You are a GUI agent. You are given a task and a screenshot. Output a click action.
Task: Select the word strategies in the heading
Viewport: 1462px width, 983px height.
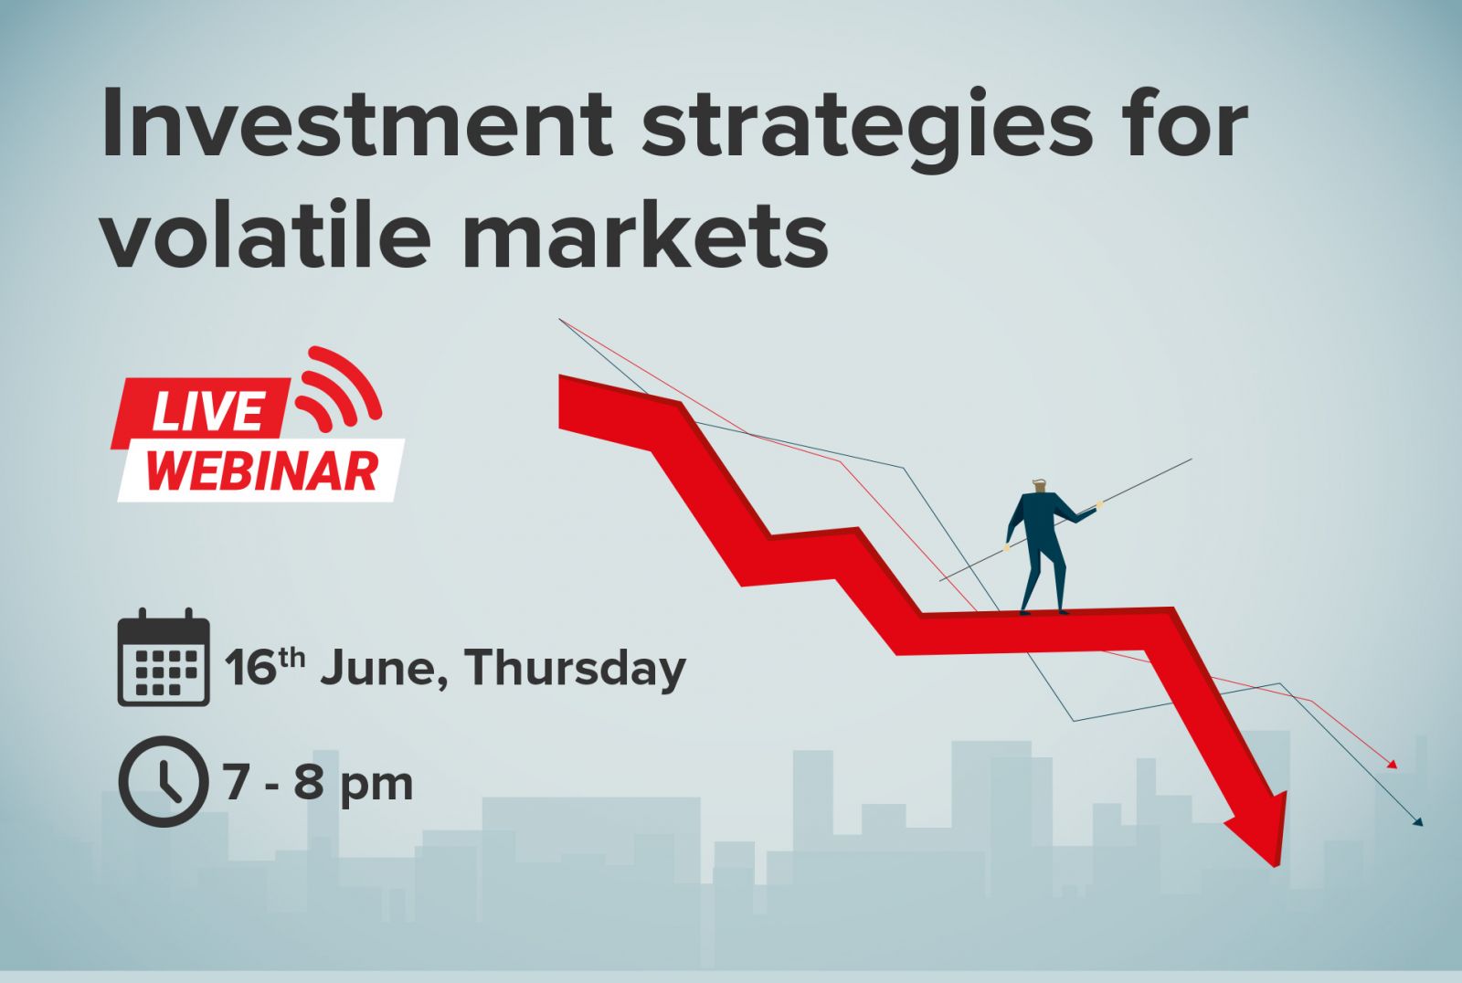(867, 129)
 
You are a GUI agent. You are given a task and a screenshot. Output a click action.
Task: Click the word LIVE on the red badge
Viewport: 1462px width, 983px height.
(208, 413)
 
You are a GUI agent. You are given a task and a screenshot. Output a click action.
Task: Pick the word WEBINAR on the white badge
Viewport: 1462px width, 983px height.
(261, 471)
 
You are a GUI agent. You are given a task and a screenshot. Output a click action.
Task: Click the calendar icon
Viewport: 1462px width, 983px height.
(164, 657)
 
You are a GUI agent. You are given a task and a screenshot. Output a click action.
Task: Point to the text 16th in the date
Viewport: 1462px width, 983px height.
(264, 666)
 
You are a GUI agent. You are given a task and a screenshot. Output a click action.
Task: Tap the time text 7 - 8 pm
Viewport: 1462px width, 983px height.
(318, 783)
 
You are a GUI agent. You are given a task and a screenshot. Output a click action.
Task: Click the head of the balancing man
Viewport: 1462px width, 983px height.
(1041, 487)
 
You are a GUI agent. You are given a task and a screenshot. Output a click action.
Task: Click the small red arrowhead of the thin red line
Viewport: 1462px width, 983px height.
(1392, 765)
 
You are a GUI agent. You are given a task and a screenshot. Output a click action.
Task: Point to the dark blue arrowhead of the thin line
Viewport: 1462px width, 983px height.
(1417, 821)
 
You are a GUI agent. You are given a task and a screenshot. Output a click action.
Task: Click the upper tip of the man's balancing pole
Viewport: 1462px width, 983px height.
(1192, 460)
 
